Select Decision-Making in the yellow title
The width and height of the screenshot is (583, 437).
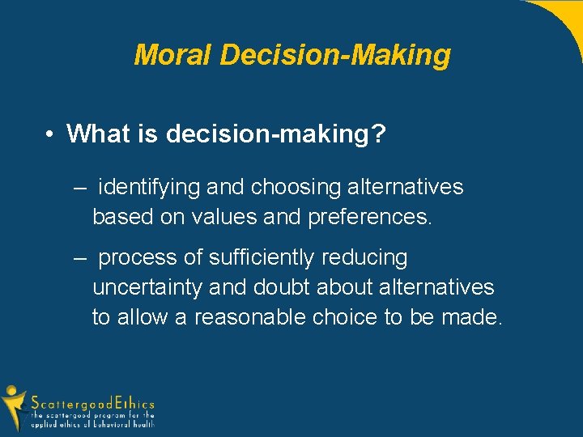[x=334, y=55]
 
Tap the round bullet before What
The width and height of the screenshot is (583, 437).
[x=50, y=134]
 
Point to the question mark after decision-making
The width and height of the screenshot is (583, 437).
[x=377, y=134]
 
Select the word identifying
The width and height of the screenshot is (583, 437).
[x=149, y=188]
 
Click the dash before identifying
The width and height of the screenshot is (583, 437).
[x=79, y=188]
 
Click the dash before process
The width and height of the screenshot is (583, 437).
[x=79, y=258]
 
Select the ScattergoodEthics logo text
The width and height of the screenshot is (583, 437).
[x=92, y=403]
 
